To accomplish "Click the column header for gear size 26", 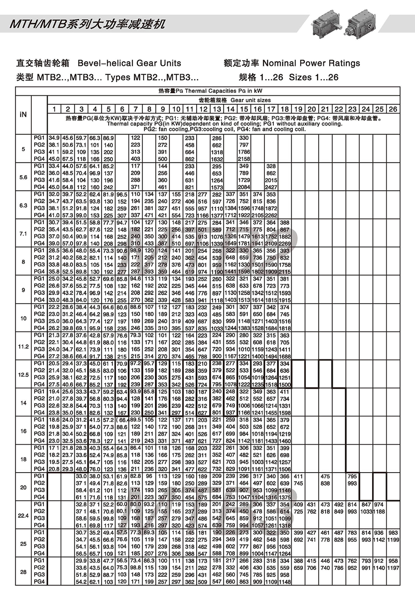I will click(x=393, y=109).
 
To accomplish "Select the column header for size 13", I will click(x=217, y=109).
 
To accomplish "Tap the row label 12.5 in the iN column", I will click(x=23, y=374).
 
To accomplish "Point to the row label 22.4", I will click(x=23, y=515).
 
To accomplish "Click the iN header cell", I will click(x=23, y=114).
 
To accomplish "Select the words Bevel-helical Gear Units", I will click(x=129, y=63).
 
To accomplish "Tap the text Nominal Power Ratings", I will click(x=311, y=63).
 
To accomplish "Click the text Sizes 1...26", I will click(x=314, y=77).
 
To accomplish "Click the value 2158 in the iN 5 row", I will click(x=244, y=159).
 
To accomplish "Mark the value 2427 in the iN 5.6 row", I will click(x=271, y=187).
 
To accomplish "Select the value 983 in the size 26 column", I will click(x=393, y=533).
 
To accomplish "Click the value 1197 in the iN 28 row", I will click(x=393, y=568).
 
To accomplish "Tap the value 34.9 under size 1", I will click(x=54, y=138).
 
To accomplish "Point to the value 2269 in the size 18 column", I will click(x=285, y=244).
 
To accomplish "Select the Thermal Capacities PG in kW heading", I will click(x=210, y=91).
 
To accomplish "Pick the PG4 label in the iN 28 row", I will click(x=39, y=582).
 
